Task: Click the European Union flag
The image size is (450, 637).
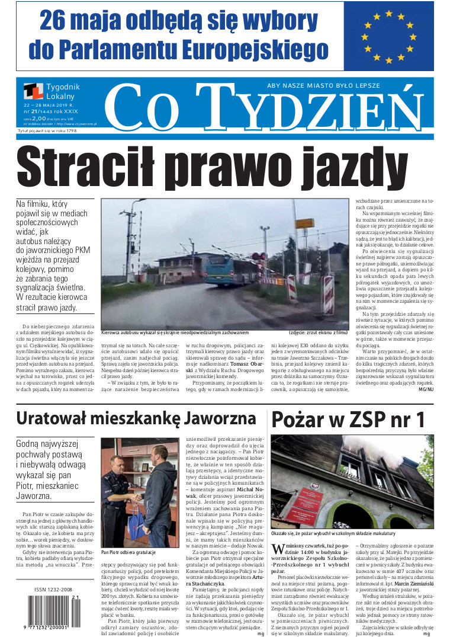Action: pos(390,36)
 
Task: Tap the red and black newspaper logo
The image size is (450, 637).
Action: pos(33,91)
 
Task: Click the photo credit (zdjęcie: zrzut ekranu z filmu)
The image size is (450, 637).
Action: pos(317,332)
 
